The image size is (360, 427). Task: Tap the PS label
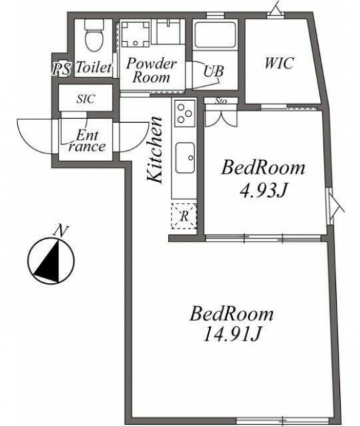click(61, 69)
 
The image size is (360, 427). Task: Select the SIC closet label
click(86, 99)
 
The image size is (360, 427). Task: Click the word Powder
click(151, 63)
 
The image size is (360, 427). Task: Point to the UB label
click(214, 71)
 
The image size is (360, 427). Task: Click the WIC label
click(279, 63)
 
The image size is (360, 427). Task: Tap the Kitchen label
click(155, 149)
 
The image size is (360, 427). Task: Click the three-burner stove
click(185, 113)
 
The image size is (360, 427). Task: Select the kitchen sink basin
click(185, 157)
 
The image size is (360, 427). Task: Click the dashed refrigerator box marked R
click(184, 216)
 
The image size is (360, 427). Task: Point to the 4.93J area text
click(263, 191)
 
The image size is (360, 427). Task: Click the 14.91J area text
click(233, 334)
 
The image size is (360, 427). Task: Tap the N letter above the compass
click(61, 232)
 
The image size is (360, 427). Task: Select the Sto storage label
click(221, 101)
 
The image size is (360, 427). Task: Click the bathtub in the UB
click(215, 35)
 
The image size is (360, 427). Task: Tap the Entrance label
click(87, 141)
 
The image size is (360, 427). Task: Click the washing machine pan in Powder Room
click(135, 33)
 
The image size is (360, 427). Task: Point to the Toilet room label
click(94, 67)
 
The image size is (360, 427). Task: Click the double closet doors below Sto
click(221, 118)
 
